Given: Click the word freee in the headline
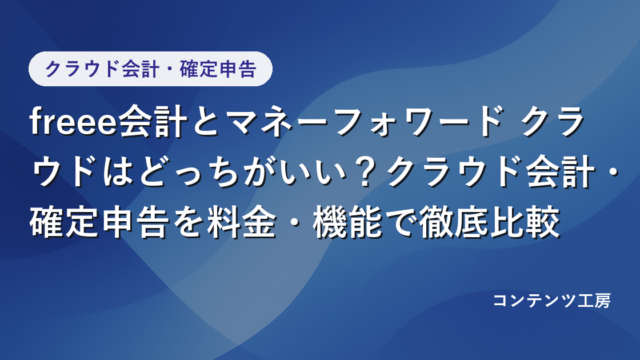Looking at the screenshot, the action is [73, 122].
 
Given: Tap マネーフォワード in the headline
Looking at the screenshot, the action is [363, 122].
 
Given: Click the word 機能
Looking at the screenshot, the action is [347, 223].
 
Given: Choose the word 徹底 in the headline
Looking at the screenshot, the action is [454, 223].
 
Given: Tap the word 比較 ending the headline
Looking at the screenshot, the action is [524, 223].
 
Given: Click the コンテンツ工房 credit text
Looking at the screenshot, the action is [552, 301].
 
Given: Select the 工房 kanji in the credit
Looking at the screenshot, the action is [594, 301].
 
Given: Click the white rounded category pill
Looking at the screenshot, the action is [150, 69].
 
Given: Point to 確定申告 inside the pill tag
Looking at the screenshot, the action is [218, 69].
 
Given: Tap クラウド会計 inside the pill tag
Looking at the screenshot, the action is [101, 69].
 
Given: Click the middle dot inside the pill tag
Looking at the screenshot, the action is [169, 69].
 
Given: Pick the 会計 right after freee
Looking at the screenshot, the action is [152, 122].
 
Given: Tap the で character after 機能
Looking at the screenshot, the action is [400, 224].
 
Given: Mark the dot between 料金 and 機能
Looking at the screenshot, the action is [295, 224].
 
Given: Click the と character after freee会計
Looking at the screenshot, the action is [207, 122].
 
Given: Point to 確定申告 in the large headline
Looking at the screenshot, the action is [99, 223].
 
